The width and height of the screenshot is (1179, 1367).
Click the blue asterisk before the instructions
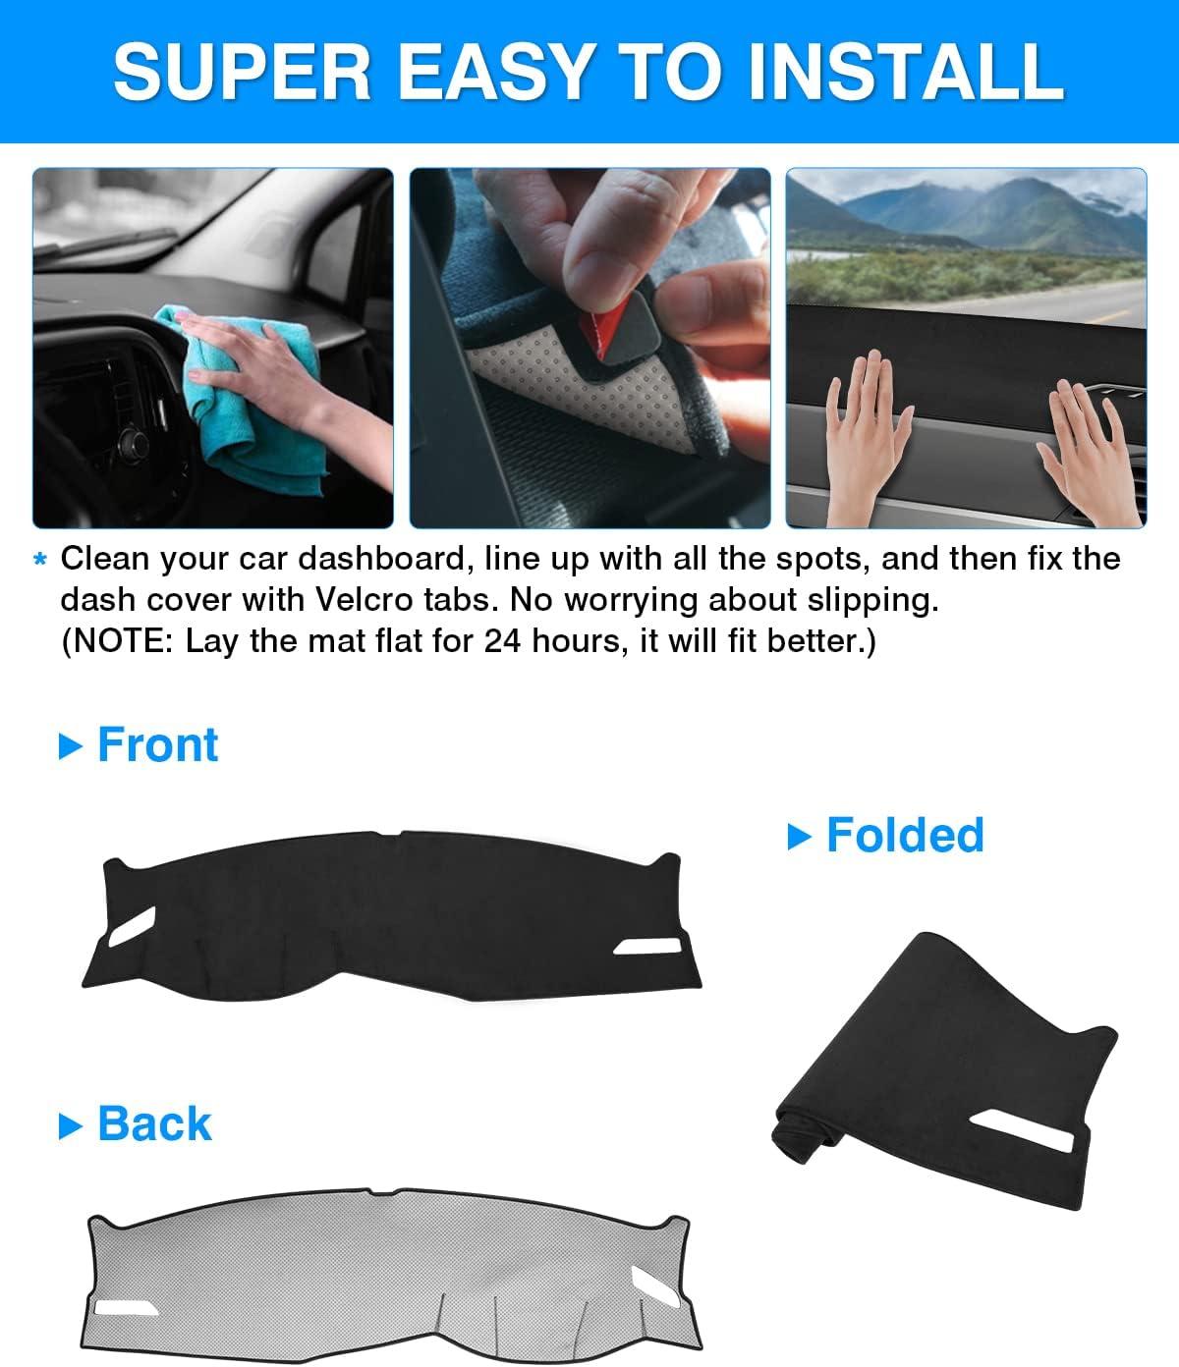pos(39,560)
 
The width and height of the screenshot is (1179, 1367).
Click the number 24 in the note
pos(502,641)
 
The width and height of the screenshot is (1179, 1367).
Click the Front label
pos(157,745)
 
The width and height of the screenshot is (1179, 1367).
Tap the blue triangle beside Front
pos(70,746)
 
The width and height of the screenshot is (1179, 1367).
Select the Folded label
pos(905,836)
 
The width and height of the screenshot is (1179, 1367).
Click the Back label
pos(154,1123)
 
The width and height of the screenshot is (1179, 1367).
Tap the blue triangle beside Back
pos(70,1125)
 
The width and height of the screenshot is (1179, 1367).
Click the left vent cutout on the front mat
pos(133,926)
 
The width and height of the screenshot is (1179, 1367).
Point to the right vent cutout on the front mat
pos(647,947)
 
